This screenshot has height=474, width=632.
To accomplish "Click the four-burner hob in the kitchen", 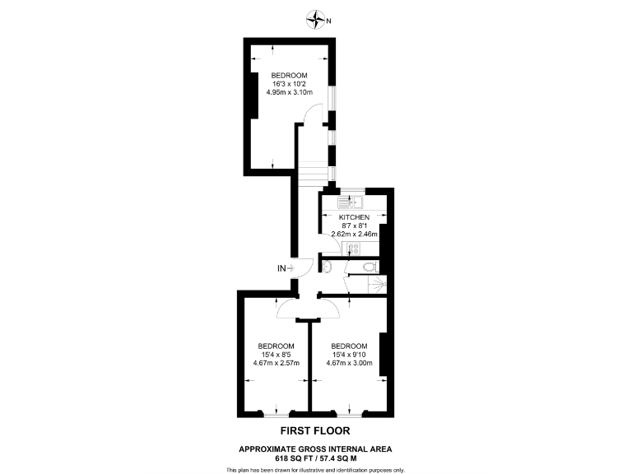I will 355,249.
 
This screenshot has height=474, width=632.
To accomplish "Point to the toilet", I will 370,266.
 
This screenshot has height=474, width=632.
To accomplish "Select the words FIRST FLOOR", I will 315,431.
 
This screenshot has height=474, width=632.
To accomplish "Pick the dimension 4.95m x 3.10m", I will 290,92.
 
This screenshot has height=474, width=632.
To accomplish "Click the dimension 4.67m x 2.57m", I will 276,363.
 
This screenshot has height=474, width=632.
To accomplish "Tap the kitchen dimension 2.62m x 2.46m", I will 354,234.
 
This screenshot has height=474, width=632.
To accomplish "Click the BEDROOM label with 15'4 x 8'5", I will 276,346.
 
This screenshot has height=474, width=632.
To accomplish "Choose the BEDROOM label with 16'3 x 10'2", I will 290,75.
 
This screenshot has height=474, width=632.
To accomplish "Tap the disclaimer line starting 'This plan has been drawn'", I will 315,469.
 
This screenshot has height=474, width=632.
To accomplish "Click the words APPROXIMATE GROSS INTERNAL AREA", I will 315,448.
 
